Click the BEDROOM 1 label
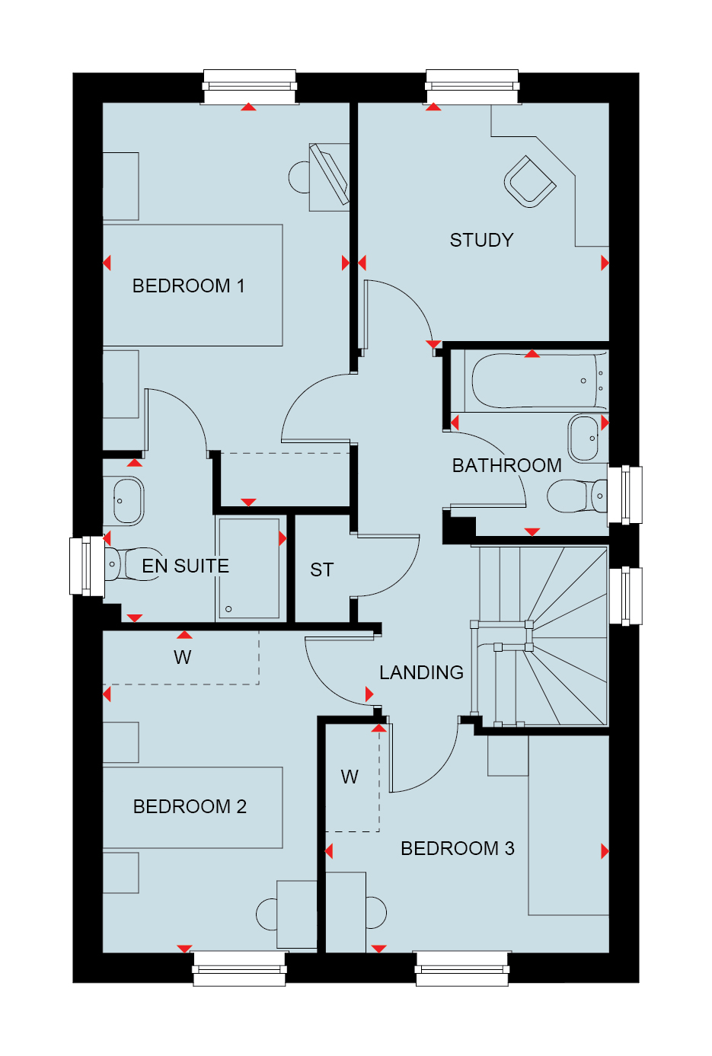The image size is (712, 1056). point(189,286)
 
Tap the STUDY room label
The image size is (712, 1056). point(481,241)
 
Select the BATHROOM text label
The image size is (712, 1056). point(507,466)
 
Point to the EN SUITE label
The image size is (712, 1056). point(185,566)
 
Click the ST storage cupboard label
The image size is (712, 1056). point(322,570)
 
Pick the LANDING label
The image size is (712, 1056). point(422,673)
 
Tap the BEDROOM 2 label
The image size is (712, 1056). point(190,806)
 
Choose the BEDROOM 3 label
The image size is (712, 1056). point(458,849)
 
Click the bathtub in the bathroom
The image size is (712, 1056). point(537,381)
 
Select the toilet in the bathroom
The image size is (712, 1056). point(577,496)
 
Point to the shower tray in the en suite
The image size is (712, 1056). point(250,568)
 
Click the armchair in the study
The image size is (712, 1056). point(530,181)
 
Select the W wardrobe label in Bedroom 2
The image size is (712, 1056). point(183,657)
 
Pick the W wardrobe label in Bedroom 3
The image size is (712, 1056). point(350,777)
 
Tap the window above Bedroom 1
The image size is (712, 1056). point(250,87)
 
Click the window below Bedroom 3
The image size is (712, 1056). point(462,968)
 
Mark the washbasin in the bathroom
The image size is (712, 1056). point(585,438)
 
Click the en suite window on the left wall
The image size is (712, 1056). point(87,566)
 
